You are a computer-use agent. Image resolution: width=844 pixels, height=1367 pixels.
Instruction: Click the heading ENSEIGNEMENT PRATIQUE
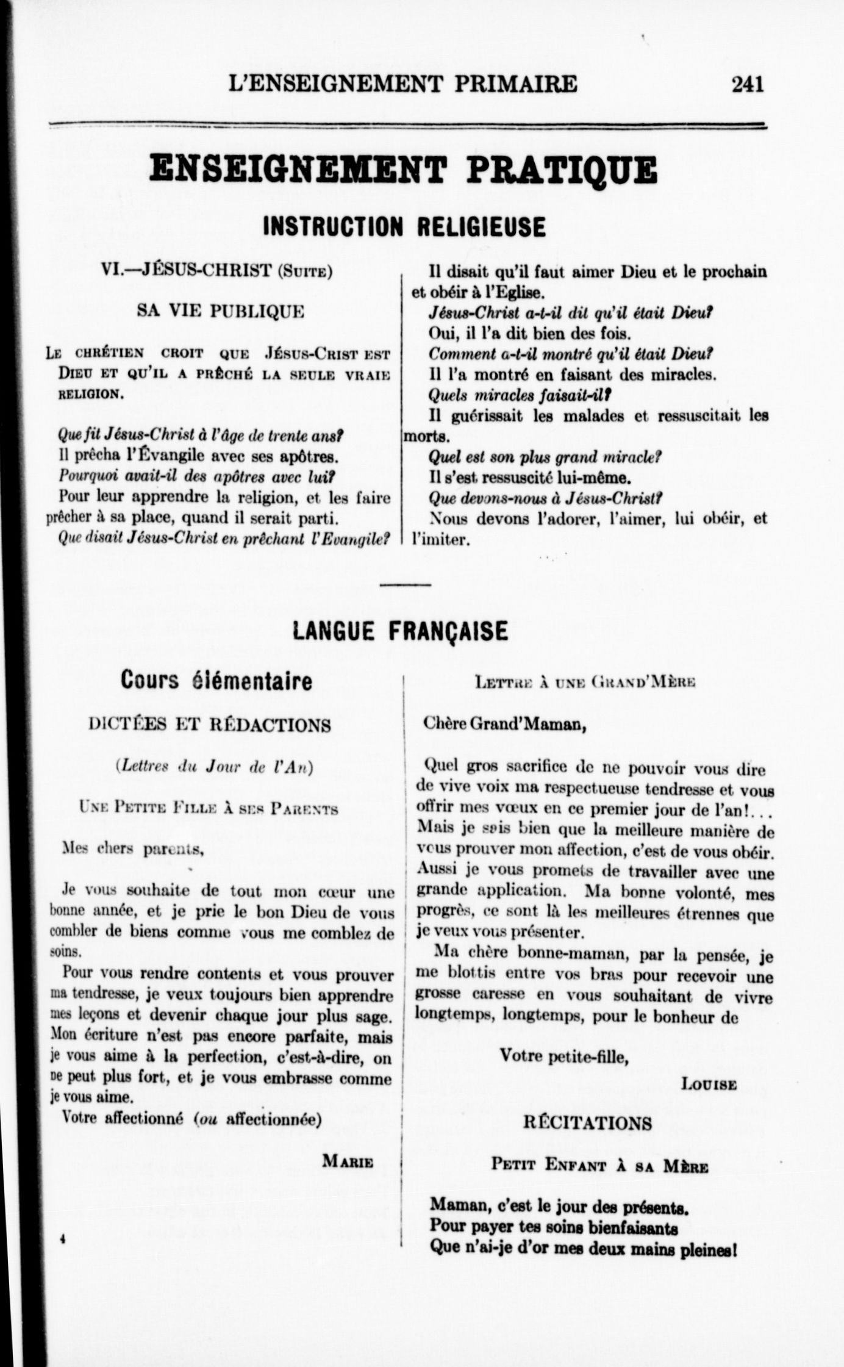point(403,171)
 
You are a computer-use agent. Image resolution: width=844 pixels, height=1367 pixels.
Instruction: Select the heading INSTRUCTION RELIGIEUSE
point(404,227)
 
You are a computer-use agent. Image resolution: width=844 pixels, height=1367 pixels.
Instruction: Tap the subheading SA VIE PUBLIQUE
point(221,312)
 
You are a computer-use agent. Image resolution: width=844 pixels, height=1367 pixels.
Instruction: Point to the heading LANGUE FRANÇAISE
point(400,631)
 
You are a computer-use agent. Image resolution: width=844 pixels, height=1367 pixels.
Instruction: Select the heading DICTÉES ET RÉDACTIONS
point(210,725)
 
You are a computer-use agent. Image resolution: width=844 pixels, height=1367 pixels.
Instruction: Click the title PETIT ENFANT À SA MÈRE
point(599,1166)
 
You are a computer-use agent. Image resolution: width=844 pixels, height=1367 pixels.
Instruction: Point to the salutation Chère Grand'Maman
point(505,725)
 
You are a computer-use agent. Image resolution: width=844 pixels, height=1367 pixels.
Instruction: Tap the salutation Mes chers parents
point(134,849)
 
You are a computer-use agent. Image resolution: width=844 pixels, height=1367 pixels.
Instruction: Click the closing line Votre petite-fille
point(563,1056)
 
